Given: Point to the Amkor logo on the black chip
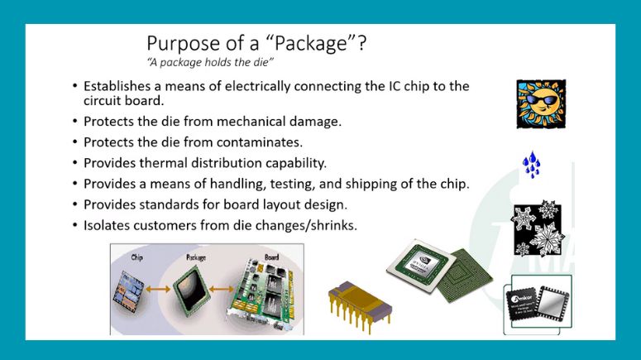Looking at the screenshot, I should point(519,296).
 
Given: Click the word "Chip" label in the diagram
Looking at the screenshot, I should point(137,257).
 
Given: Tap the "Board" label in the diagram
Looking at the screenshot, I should point(270,257).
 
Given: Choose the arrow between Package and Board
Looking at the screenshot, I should point(227,290).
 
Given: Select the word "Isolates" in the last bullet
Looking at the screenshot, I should point(110,224).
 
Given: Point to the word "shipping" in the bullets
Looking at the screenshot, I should point(376,184).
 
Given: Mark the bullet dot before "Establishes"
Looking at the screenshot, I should point(75,87).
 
